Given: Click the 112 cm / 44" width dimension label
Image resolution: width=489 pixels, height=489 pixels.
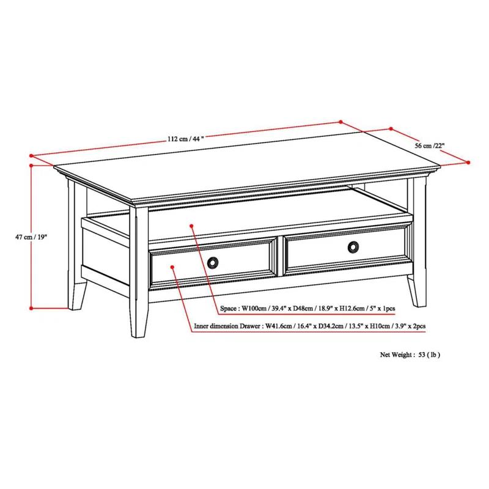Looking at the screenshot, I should tap(186, 139).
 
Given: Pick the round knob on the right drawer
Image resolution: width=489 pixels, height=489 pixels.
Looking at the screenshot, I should tap(353, 247).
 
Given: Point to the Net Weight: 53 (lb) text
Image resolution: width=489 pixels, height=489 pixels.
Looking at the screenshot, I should tap(410, 354).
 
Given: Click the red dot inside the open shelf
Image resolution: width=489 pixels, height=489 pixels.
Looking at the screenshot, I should tap(192, 226).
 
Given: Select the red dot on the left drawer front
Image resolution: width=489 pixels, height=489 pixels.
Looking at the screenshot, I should tap(174, 267).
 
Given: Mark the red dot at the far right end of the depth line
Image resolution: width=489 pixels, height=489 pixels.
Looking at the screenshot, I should tap(468, 163).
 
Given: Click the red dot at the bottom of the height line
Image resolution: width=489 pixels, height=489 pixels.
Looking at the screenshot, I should tap(31, 308).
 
